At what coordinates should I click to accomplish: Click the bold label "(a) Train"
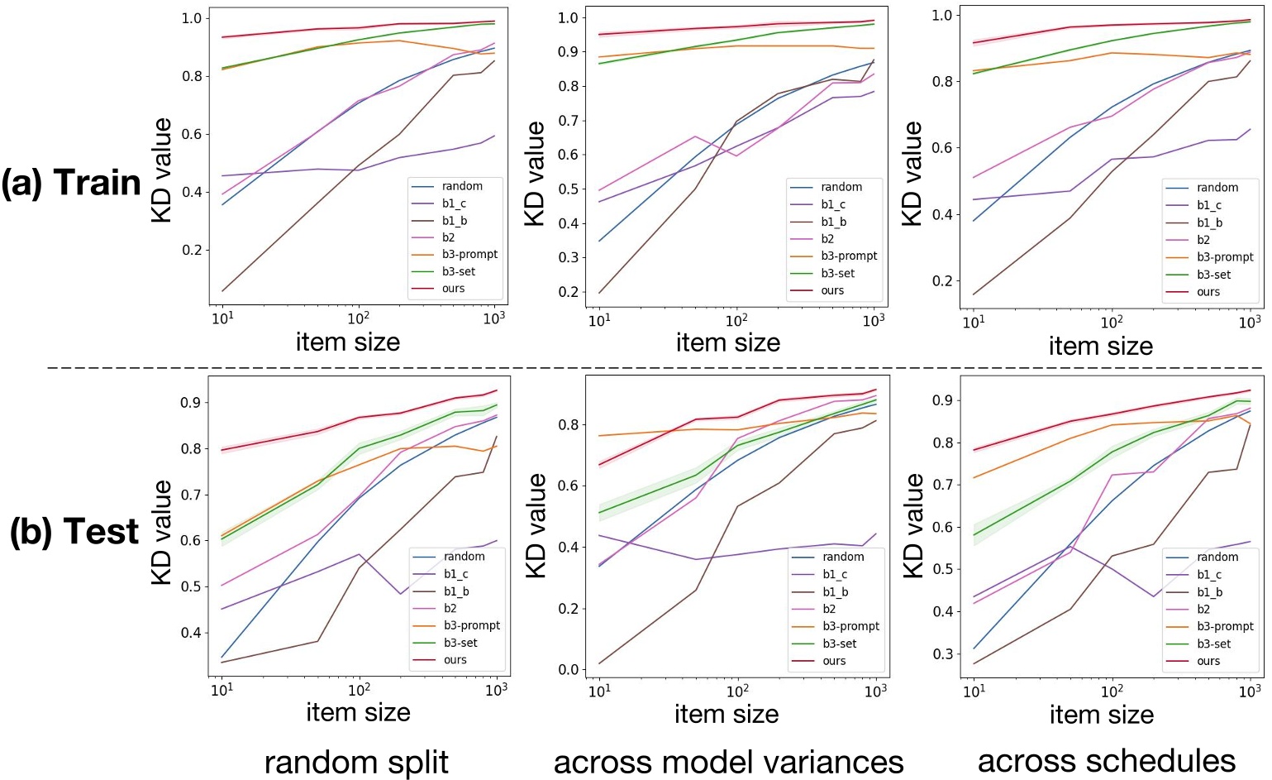tap(71, 183)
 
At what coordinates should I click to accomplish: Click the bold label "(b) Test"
tap(74, 532)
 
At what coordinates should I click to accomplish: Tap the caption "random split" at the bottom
tap(356, 762)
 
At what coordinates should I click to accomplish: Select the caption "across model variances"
tap(728, 762)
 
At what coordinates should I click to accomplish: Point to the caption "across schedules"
tap(1106, 760)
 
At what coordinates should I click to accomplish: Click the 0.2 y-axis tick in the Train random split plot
tap(193, 250)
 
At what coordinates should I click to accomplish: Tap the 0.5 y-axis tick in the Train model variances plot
tap(567, 189)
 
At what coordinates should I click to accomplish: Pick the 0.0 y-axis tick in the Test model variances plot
tap(567, 670)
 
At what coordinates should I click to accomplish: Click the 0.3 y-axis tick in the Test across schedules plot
tap(941, 653)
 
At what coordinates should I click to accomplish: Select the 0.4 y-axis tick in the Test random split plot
tap(190, 633)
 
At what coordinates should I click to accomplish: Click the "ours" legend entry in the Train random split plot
tap(453, 289)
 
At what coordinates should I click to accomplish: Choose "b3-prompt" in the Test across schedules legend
tap(1225, 626)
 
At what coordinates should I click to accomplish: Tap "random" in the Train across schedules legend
tap(1217, 188)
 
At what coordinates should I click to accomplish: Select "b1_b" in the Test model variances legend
tap(835, 592)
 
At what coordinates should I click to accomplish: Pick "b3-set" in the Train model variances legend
tap(838, 273)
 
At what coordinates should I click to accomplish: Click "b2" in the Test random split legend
tap(450, 608)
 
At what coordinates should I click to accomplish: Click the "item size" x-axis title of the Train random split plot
tap(348, 342)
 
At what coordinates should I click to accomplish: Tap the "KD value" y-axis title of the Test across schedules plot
tap(912, 526)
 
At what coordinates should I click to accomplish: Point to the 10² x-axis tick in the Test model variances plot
tap(737, 690)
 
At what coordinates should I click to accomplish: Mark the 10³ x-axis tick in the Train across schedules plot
tap(1249, 322)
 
